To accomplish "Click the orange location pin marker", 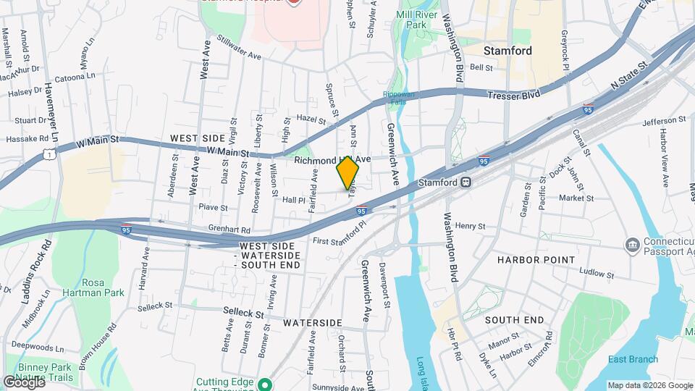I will coord(348,173).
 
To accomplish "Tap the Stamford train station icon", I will coord(467,182).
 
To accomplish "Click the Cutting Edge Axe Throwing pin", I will coord(265,384).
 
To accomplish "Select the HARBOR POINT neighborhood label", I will coord(530,258).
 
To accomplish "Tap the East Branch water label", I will coord(633,359).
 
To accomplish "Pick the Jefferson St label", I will coord(662,120).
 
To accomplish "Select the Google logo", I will coord(23,382).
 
